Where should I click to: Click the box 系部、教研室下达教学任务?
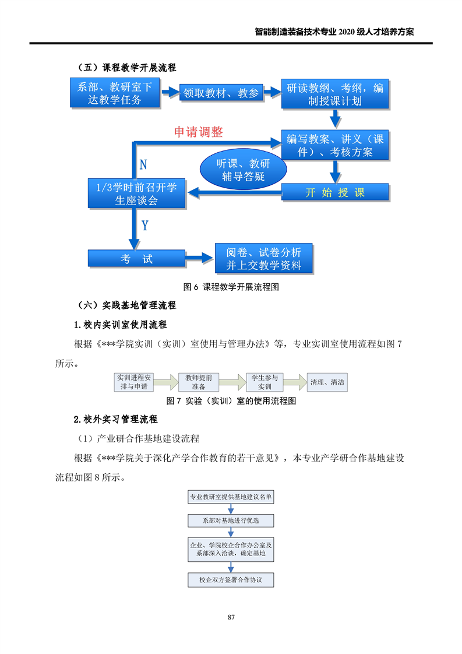(114, 93)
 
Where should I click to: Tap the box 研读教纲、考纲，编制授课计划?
(334, 94)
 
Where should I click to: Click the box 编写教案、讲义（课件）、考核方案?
(334, 145)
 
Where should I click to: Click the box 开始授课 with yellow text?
(334, 193)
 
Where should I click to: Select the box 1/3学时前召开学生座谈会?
(136, 193)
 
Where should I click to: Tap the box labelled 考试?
(136, 259)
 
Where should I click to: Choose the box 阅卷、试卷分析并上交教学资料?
(264, 259)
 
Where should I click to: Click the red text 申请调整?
(199, 132)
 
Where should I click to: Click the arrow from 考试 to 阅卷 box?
(200, 258)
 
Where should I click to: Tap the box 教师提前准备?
(199, 382)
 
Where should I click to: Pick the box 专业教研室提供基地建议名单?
(231, 497)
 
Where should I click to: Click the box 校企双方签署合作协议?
(231, 581)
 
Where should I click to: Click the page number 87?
(231, 617)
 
